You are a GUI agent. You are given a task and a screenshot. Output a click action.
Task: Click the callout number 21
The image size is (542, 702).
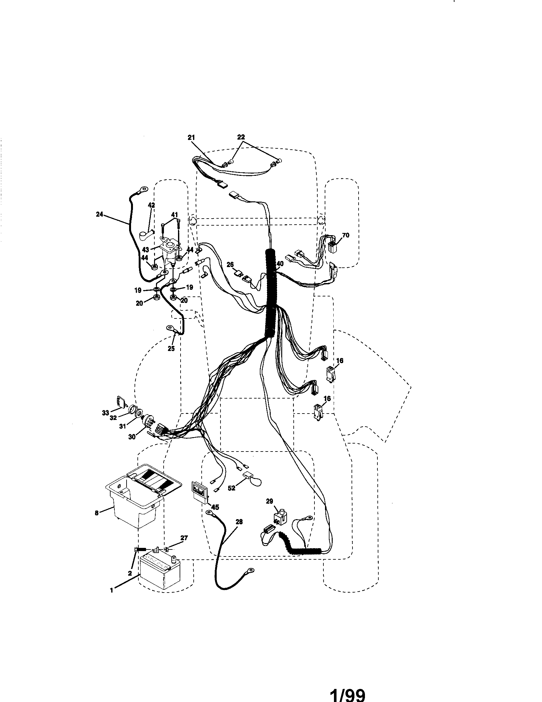191,137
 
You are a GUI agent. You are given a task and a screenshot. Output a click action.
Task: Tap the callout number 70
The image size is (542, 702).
345,235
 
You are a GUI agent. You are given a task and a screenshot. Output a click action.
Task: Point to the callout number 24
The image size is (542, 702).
99,214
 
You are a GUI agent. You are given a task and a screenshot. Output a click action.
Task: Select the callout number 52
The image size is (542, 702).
231,497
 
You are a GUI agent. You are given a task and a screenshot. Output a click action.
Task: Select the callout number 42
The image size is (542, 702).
151,205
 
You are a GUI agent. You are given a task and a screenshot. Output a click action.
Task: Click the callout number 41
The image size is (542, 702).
174,214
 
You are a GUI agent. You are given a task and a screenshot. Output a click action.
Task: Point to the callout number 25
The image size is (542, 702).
171,348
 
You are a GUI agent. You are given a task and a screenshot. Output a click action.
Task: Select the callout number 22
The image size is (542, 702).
241,137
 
